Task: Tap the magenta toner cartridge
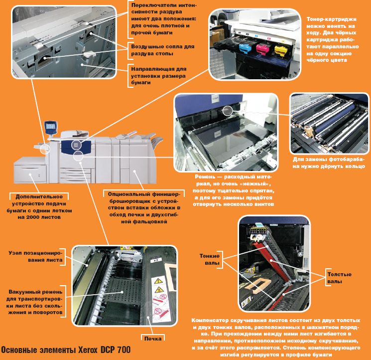(263, 48)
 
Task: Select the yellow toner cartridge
(281, 50)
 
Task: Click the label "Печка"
(153, 339)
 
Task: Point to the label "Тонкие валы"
(209, 259)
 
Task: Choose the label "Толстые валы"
(339, 278)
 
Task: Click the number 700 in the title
(124, 350)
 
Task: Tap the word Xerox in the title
(88, 350)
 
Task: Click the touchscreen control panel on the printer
(51, 127)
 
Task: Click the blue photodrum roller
(334, 119)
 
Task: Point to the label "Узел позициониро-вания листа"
(35, 256)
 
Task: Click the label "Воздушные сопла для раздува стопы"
(163, 50)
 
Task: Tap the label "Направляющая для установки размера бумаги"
(159, 76)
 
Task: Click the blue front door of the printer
(76, 147)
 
